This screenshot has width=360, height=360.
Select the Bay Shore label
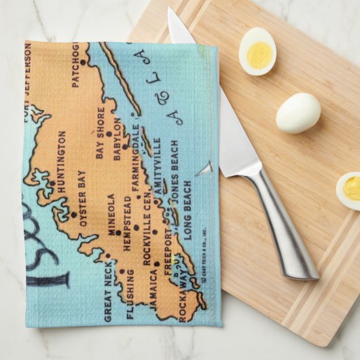tap(100, 132)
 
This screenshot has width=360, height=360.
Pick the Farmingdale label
tap(134, 158)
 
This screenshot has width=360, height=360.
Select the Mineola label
tap(111, 215)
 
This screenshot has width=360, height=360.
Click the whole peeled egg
tap(298, 112)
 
